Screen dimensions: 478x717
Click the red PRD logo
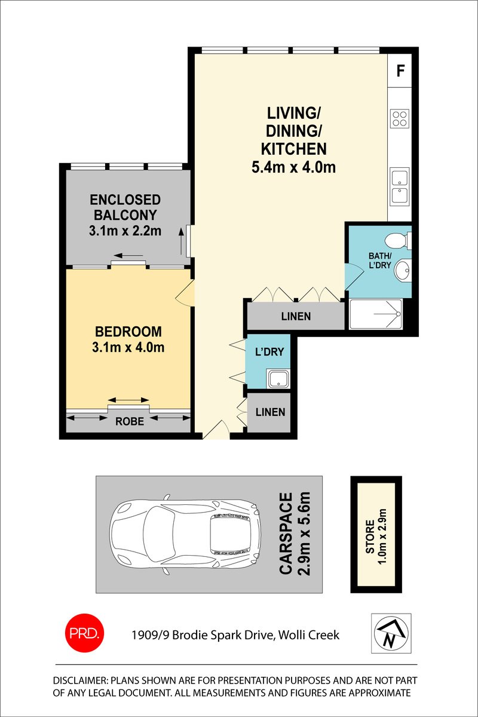click(x=84, y=633)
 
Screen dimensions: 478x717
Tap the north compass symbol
click(x=391, y=633)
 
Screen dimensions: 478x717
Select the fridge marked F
click(x=400, y=71)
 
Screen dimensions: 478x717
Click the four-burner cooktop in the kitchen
click(x=400, y=119)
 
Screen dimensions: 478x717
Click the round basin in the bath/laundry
click(x=402, y=270)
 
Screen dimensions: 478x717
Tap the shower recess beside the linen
click(x=376, y=314)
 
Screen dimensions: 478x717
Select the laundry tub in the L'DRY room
click(x=278, y=379)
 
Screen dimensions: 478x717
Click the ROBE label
click(x=130, y=421)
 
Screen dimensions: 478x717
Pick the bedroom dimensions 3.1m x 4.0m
click(x=128, y=347)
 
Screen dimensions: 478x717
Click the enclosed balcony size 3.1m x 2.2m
click(x=125, y=231)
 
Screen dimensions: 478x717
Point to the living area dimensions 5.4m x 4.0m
click(x=293, y=167)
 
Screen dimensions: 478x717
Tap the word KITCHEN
click(x=293, y=149)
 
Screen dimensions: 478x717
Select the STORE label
click(x=370, y=537)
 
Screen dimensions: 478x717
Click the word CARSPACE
click(x=286, y=534)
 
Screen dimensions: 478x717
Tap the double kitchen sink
click(x=400, y=186)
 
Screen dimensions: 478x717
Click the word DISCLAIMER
click(x=80, y=681)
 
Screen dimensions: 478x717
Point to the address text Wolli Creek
click(x=309, y=635)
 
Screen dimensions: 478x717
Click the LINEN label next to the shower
click(x=296, y=317)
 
